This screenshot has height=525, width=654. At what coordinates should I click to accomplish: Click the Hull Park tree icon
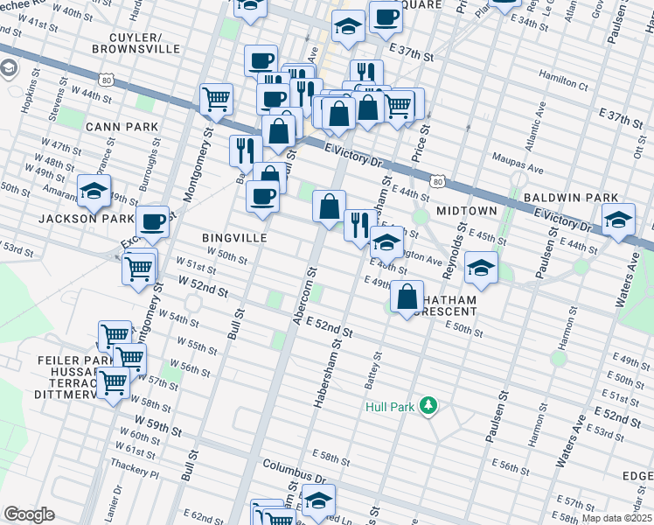[428, 405]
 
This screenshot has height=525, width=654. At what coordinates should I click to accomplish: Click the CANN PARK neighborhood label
[122, 127]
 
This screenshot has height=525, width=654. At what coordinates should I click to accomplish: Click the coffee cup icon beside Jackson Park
[153, 221]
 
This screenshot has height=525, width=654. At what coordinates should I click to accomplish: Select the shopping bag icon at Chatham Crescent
[407, 296]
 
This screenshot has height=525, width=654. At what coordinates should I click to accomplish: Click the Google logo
[29, 514]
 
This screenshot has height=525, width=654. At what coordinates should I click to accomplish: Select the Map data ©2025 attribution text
[616, 518]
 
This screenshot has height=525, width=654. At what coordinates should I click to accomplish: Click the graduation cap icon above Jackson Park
[94, 191]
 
